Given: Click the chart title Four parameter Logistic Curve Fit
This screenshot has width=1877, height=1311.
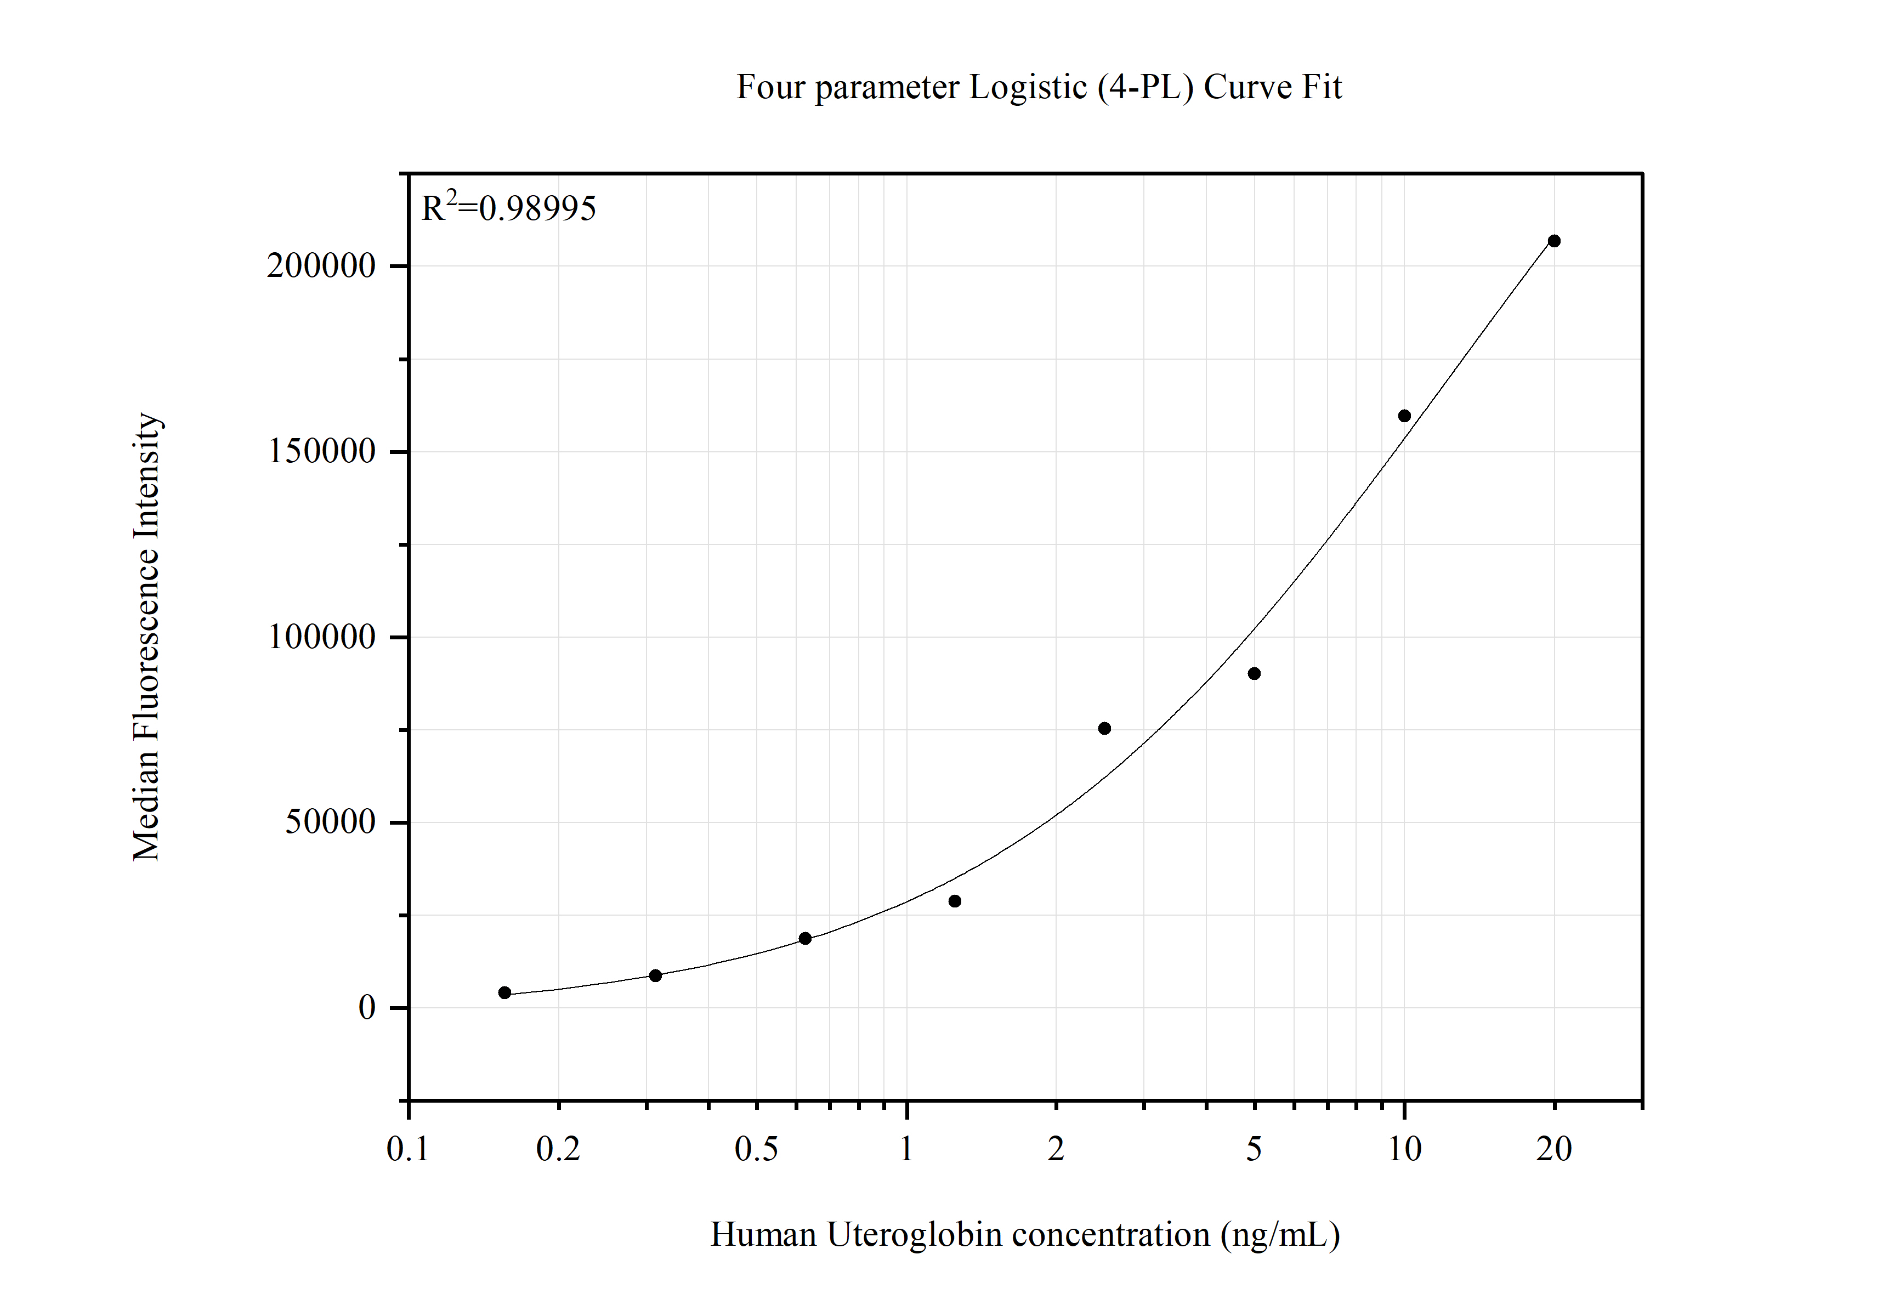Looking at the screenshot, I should point(1038,87).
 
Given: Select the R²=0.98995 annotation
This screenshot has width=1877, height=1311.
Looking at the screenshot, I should point(508,208).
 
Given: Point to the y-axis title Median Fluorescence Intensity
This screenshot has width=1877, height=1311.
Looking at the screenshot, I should point(146,637).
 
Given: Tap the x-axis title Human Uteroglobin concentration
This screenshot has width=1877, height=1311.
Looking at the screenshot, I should point(1024,1234).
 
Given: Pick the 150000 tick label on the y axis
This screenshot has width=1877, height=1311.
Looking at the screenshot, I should point(321,451).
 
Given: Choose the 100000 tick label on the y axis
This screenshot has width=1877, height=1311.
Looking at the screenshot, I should point(321,637).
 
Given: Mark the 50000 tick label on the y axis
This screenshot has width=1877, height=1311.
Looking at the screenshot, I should point(330,822).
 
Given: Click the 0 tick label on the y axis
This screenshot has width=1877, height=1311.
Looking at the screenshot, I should point(367,1008).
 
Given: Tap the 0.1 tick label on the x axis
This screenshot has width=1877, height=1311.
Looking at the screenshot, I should point(408,1149).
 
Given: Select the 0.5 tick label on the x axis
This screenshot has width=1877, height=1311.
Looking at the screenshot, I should point(756,1149).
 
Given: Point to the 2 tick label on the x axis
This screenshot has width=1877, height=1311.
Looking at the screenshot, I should point(1056,1149).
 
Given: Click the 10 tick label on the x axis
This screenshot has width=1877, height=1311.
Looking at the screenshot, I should point(1404,1149).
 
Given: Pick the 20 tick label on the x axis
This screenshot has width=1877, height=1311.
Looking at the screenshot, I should point(1554,1149).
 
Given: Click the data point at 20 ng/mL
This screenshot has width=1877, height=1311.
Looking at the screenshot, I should point(1554,241).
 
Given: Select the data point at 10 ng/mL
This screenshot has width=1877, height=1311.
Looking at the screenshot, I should point(1404,416).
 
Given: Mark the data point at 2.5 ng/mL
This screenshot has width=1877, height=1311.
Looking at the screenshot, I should point(1104,728).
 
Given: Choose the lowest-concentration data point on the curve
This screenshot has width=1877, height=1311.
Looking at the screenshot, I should point(504,993).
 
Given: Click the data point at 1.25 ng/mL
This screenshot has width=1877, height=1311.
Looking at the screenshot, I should point(955,901).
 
